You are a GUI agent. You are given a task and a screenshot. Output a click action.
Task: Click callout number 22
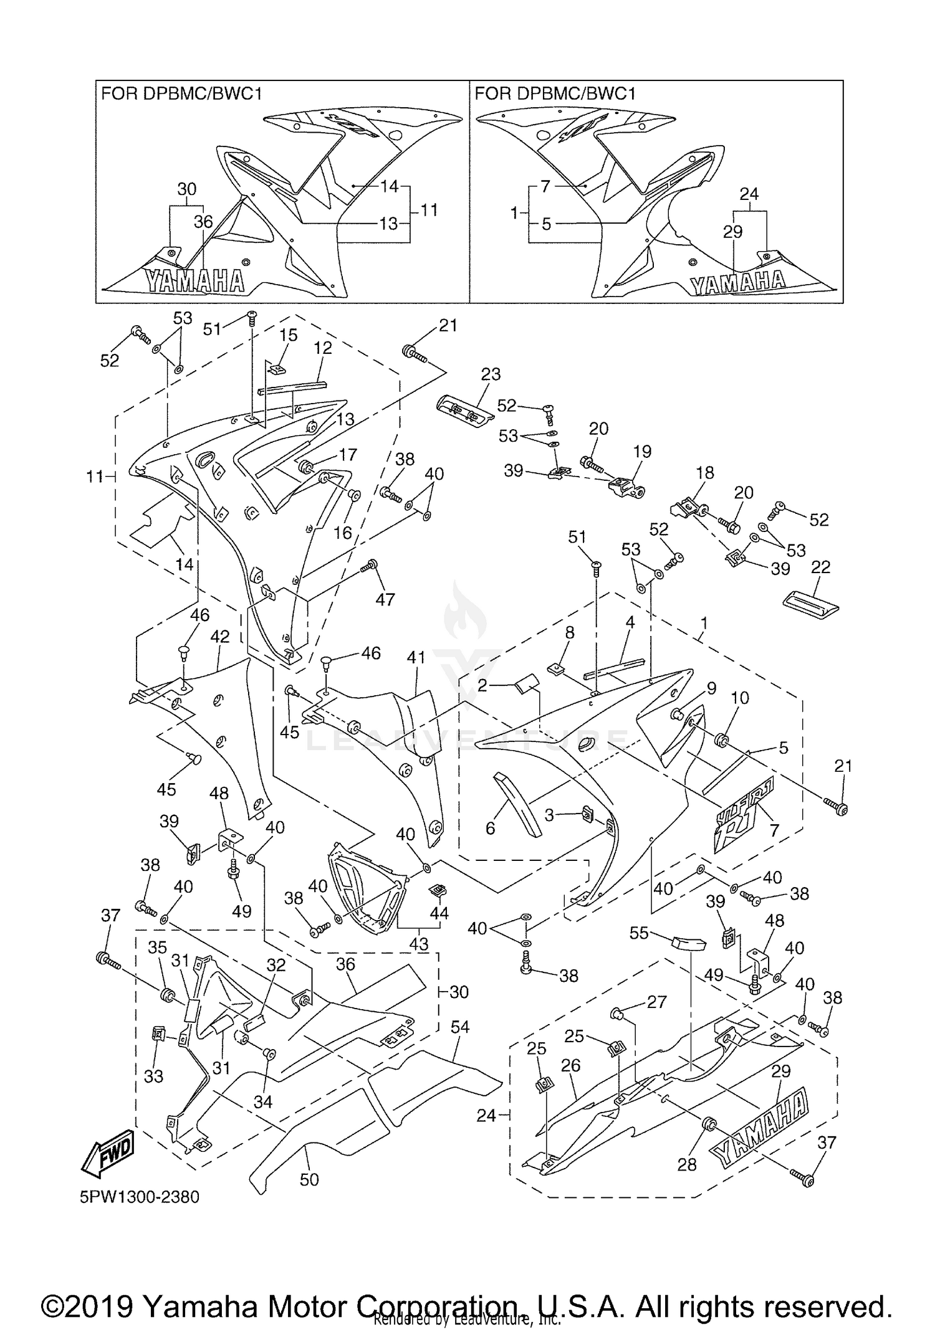pyautogui.click(x=821, y=567)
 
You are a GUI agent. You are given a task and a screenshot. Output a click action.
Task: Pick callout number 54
pyautogui.click(x=460, y=1027)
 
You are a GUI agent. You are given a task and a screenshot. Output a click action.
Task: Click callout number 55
pyautogui.click(x=639, y=933)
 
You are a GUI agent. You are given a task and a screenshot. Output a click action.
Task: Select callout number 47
pyautogui.click(x=385, y=599)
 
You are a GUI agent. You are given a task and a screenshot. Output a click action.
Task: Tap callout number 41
pyautogui.click(x=416, y=657)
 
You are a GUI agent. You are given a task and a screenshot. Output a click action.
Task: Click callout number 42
pyautogui.click(x=219, y=637)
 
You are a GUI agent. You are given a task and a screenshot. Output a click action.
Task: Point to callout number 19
pyautogui.click(x=642, y=452)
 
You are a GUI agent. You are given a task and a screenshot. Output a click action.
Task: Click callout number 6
pyautogui.click(x=490, y=828)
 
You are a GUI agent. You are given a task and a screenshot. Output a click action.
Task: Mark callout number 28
pyautogui.click(x=686, y=1164)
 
